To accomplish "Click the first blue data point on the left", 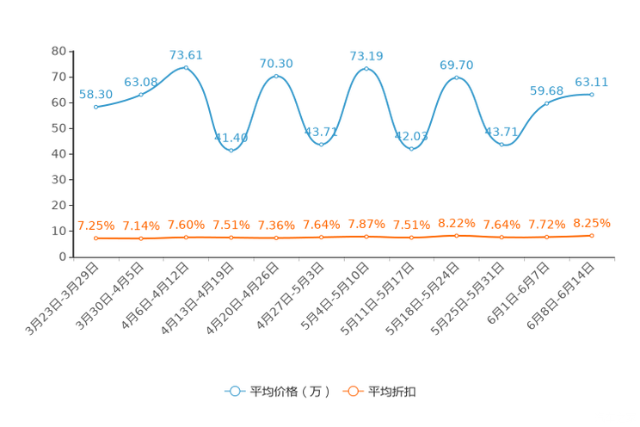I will [96, 107].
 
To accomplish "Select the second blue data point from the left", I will [141, 93].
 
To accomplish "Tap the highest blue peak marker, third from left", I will [186, 66].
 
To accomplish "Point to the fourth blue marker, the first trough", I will [231, 149].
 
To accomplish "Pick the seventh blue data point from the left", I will [366, 67].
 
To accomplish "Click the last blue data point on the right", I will [592, 93].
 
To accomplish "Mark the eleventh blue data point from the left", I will [546, 103].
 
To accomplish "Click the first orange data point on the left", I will [96, 238].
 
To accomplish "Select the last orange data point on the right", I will [592, 235].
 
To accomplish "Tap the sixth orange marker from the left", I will [321, 237].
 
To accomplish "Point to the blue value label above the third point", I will [186, 55].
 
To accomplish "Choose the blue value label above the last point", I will [592, 82].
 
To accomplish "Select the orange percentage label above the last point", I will [592, 223].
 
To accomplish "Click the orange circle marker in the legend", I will [353, 391].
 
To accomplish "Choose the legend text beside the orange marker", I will [393, 392].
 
